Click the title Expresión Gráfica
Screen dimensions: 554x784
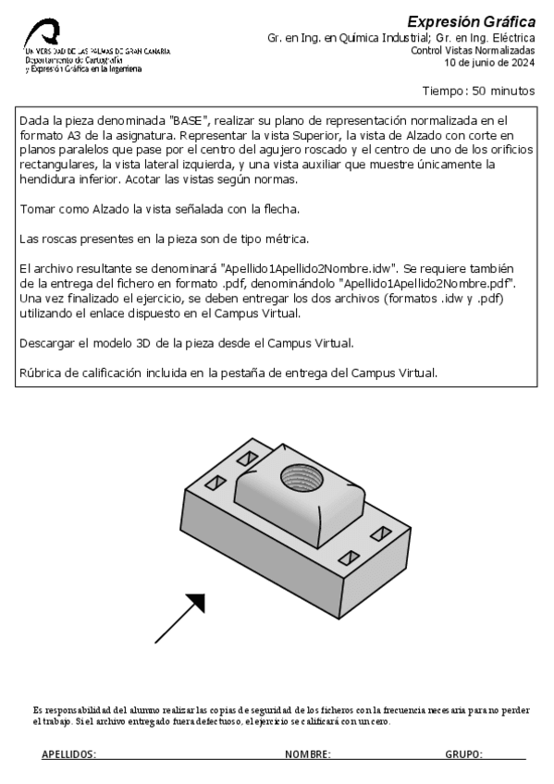[x=471, y=21]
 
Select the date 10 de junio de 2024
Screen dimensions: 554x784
[x=489, y=63]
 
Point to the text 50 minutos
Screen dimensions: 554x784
[x=503, y=92]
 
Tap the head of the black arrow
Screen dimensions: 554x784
[x=193, y=604]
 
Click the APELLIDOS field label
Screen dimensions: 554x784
[x=68, y=755]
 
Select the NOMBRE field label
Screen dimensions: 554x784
[x=308, y=755]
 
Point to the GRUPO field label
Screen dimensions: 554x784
[x=463, y=755]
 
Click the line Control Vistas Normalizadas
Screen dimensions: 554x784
[x=473, y=51]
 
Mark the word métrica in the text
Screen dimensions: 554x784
[x=286, y=239]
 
